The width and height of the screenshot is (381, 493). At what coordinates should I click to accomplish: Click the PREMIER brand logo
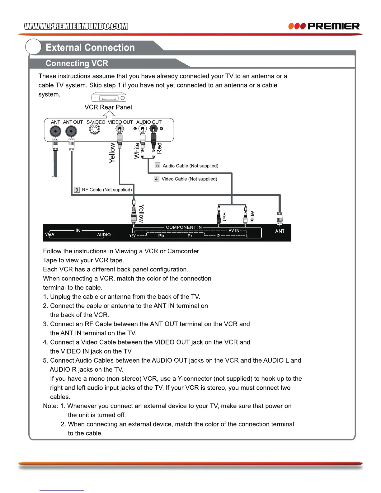pyautogui.click(x=324, y=26)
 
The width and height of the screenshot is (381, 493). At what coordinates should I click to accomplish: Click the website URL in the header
pyautogui.click(x=76, y=26)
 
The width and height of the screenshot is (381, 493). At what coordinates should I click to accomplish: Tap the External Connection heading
pyautogui.click(x=90, y=48)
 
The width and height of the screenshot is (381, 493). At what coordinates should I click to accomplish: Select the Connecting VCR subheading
pyautogui.click(x=77, y=63)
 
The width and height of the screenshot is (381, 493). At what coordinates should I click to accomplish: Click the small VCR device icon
pyautogui.click(x=109, y=98)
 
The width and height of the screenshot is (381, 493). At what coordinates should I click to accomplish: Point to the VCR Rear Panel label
pyautogui.click(x=108, y=107)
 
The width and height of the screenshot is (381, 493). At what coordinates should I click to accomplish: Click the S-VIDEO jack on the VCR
pyautogui.click(x=95, y=129)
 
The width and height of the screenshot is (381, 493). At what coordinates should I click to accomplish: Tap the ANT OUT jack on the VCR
pyautogui.click(x=71, y=132)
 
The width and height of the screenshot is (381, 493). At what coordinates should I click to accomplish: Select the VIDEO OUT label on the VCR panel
pyautogui.click(x=120, y=122)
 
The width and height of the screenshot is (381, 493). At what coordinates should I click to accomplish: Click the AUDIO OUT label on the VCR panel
pyautogui.click(x=149, y=122)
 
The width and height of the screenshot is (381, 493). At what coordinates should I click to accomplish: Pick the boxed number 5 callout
pyautogui.click(x=158, y=166)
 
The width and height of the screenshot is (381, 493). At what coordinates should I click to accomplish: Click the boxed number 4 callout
pyautogui.click(x=157, y=179)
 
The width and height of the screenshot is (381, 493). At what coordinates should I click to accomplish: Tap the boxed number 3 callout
pyautogui.click(x=77, y=190)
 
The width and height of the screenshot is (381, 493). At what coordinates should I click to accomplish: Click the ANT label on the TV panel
pyautogui.click(x=280, y=231)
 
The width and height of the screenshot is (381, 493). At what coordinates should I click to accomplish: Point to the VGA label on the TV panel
pyautogui.click(x=49, y=234)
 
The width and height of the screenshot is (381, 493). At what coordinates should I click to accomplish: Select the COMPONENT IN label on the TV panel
pyautogui.click(x=184, y=228)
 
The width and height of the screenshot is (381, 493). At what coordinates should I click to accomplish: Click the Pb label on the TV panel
pyautogui.click(x=161, y=236)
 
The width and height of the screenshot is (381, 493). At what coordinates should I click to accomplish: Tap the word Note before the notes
pyautogui.click(x=50, y=406)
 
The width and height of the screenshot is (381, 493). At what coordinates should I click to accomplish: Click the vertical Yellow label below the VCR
pyautogui.click(x=112, y=153)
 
